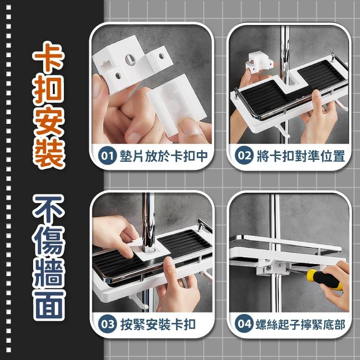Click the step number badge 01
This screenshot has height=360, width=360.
pyautogui.click(x=106, y=156)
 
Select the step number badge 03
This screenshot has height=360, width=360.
pyautogui.click(x=107, y=324)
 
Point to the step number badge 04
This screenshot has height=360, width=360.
pyautogui.click(x=244, y=324)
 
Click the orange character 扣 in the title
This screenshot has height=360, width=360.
pyautogui.click(x=49, y=90)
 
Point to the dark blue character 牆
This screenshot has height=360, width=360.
pyautogui.click(x=49, y=272)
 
